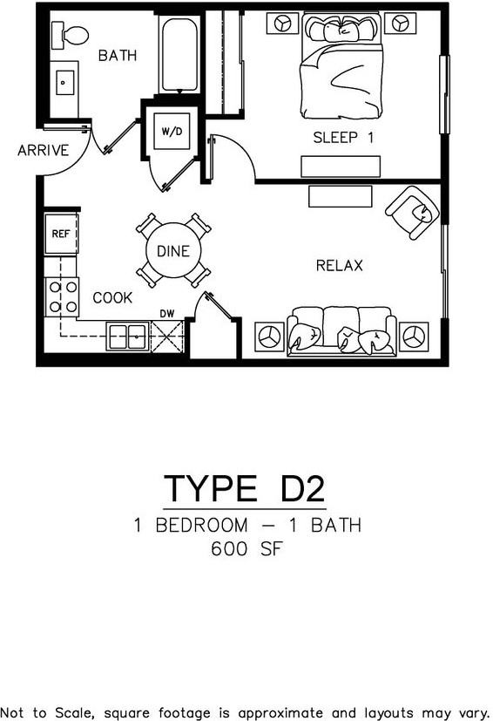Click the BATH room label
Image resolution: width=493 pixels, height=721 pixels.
coord(118,56)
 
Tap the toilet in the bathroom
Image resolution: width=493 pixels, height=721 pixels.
coord(70,36)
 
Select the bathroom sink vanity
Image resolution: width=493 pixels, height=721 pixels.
coord(64,85)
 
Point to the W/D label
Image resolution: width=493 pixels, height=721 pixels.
coord(171,131)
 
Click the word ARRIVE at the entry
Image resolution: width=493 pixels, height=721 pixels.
coord(43,151)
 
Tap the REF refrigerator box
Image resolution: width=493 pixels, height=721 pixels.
coord(61,234)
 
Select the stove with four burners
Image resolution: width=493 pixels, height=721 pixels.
coord(62,296)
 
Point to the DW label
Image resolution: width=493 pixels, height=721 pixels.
coord(167,313)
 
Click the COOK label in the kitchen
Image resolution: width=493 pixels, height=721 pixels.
coord(113,298)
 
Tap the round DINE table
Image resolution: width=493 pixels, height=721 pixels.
coord(173,251)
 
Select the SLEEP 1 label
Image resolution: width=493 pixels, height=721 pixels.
coord(343,137)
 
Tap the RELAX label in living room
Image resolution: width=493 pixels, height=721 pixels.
coord(339,265)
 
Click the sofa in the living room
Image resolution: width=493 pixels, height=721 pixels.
coord(341,330)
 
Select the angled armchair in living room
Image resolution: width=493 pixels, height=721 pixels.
coord(412,212)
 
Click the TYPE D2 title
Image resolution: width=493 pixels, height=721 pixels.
coord(245,488)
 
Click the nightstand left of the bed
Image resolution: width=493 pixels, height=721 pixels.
coord(282,24)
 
